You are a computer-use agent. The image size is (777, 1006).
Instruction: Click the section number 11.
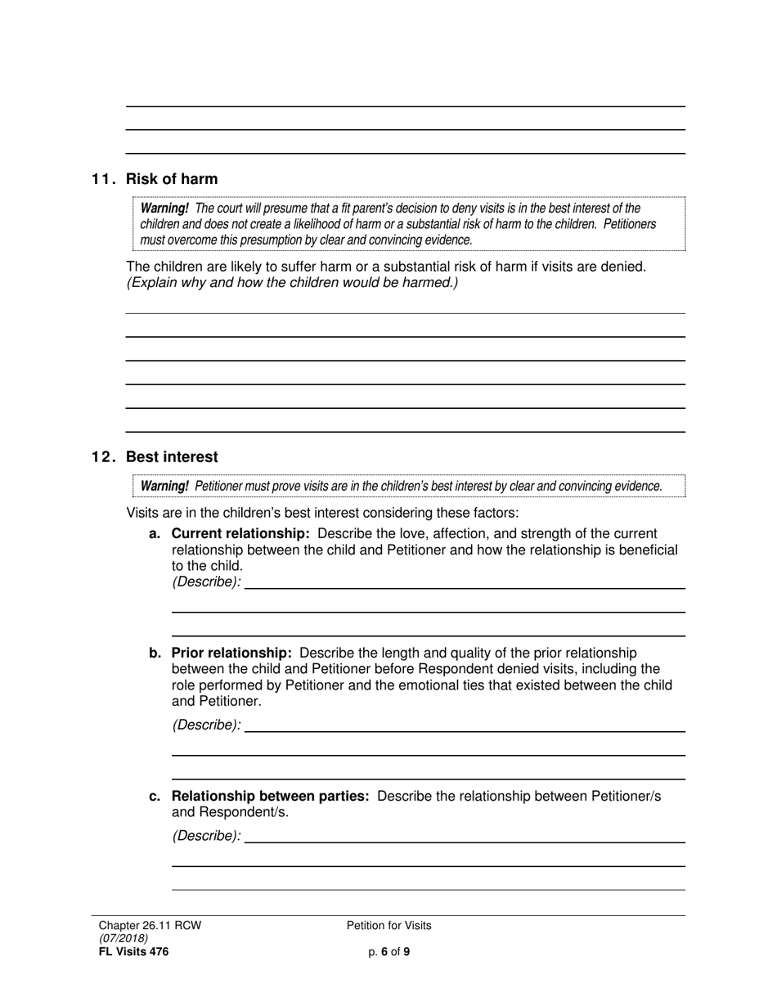point(103,179)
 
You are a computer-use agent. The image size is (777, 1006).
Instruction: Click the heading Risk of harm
point(172,179)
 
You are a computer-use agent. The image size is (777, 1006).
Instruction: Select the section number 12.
point(103,457)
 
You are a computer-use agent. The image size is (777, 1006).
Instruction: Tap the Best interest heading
point(172,457)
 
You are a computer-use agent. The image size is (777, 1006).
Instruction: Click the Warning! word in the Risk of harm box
point(164,209)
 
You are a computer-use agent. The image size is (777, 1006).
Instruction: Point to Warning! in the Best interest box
point(164,487)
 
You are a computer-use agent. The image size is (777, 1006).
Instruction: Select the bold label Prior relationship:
point(231,653)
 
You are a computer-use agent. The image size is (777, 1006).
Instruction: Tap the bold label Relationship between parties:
point(270,796)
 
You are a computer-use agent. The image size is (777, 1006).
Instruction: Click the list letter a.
point(155,534)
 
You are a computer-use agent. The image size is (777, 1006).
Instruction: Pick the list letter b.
point(155,653)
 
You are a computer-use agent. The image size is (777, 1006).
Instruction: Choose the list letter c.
point(155,796)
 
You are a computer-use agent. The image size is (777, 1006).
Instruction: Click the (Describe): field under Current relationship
point(464,582)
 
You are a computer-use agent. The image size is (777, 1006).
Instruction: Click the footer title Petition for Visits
point(388,926)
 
